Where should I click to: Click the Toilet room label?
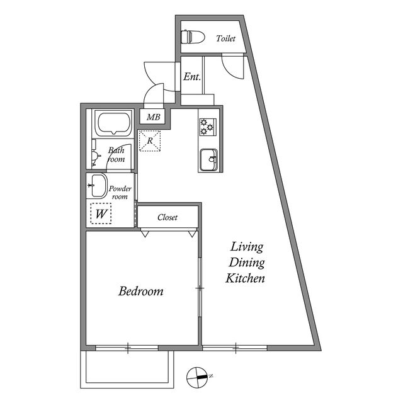click(x=225, y=38)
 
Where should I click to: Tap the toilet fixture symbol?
click(x=193, y=37)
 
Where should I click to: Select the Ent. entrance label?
click(x=192, y=77)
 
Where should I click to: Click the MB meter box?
click(x=153, y=117)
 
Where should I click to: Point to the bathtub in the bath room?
click(x=113, y=123)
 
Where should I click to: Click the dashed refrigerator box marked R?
click(x=150, y=140)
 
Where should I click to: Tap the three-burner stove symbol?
click(x=208, y=127)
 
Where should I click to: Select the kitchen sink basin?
click(x=208, y=159)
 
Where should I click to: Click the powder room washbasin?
click(x=96, y=186)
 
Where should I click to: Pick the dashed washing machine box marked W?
click(x=101, y=213)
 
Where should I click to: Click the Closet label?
click(x=167, y=217)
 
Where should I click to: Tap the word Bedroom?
click(x=141, y=291)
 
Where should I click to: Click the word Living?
click(x=246, y=247)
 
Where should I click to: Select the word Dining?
click(x=246, y=263)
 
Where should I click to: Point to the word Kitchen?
click(x=245, y=278)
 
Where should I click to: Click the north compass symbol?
click(x=197, y=378)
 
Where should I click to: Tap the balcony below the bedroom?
click(x=127, y=370)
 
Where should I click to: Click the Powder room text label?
click(x=120, y=193)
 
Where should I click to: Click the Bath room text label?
click(x=116, y=154)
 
